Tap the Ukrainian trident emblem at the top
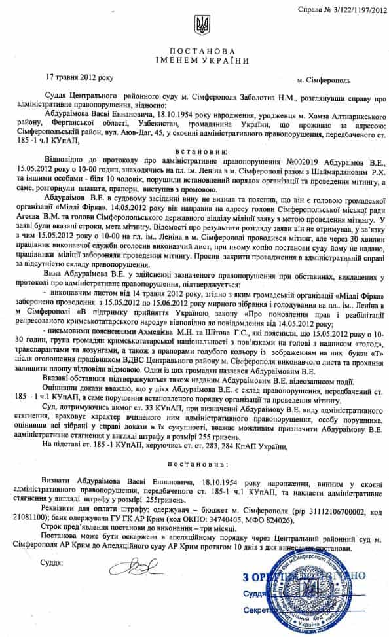(x=201, y=26)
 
